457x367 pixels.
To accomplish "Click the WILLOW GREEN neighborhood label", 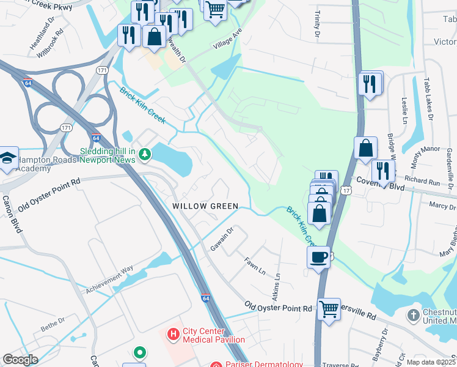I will (205, 206).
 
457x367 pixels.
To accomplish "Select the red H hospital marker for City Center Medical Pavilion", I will (173, 335).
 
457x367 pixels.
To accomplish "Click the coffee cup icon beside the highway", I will (318, 256).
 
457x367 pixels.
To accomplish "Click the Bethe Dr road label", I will (53, 321).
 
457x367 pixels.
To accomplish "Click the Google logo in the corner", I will (20, 359).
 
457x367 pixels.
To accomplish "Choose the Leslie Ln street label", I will (404, 108).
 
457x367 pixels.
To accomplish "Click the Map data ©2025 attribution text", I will (430, 361).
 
